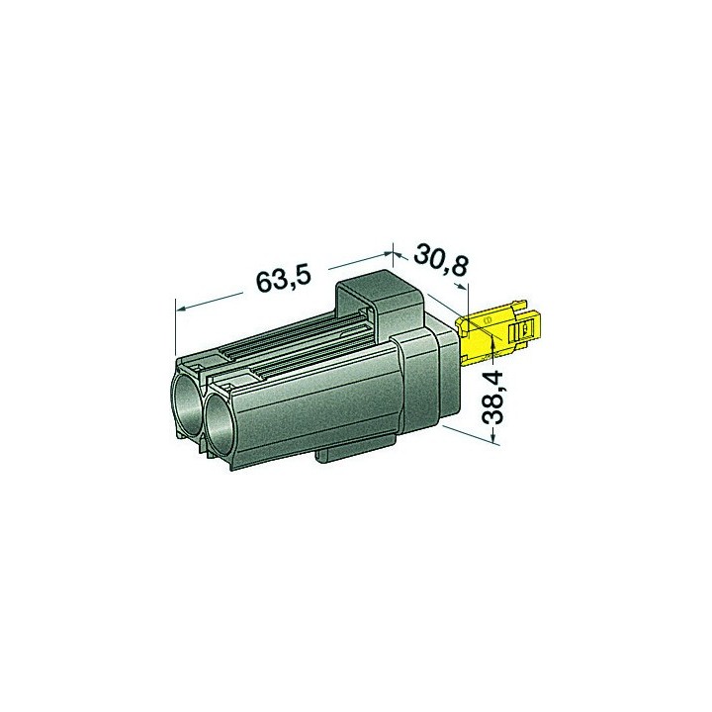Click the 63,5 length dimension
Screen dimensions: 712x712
click(x=284, y=280)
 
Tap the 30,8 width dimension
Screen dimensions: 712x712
click(x=440, y=260)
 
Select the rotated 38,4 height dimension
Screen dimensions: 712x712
click(x=491, y=398)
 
